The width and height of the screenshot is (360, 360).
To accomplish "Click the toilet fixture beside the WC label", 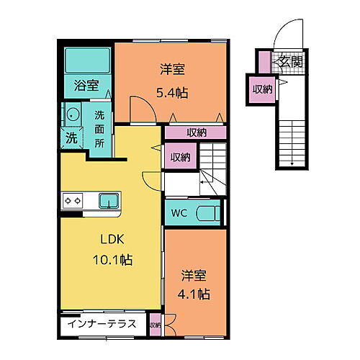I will (208, 212).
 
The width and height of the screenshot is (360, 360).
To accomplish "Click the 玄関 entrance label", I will (289, 63).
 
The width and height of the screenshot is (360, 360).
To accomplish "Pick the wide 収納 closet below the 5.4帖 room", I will (196, 132).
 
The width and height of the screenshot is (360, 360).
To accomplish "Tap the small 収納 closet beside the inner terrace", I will (156, 325).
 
